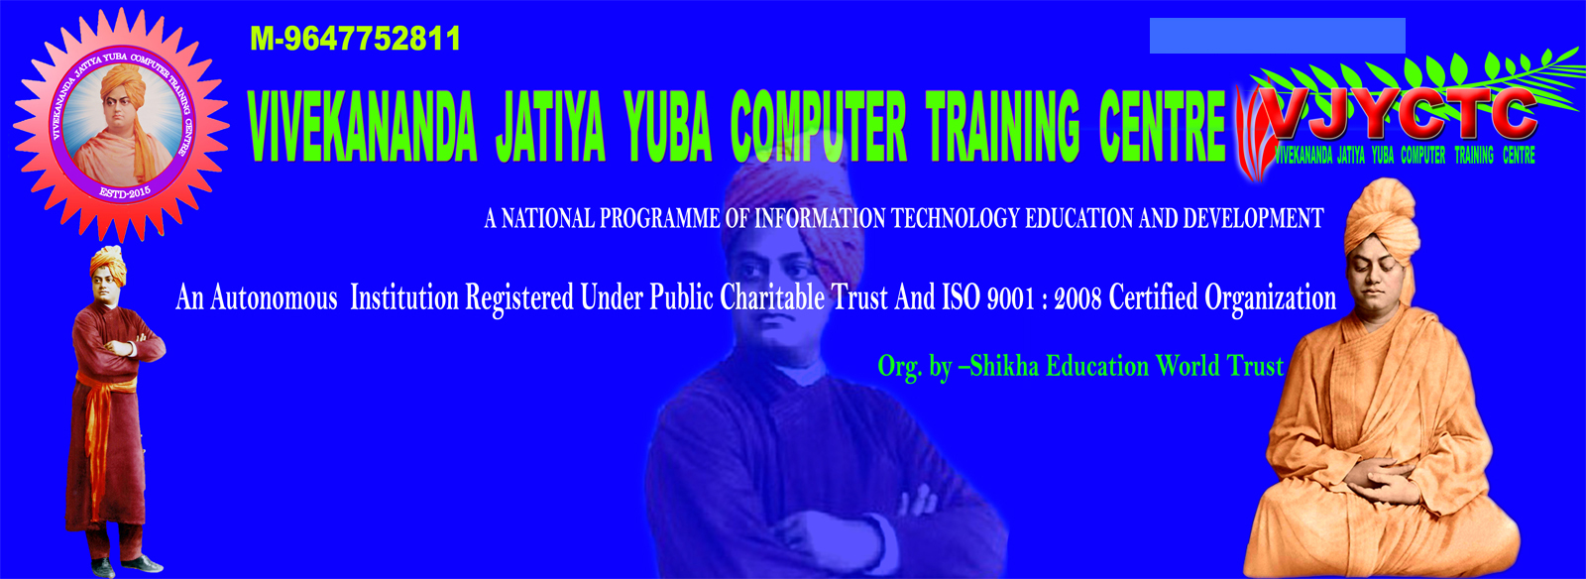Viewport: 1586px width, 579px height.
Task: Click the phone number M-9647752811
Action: pos(355,39)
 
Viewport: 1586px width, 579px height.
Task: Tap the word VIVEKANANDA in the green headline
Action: pos(362,127)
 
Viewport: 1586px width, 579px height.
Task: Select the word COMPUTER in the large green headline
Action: pos(818,127)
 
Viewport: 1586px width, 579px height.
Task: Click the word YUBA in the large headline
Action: pos(667,127)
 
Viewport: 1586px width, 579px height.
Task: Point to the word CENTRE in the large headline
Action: pos(1162,127)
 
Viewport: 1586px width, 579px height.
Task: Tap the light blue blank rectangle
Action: pos(1277,36)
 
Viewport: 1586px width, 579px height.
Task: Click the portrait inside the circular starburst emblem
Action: pos(122,124)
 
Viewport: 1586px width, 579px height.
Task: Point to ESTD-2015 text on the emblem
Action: pos(125,192)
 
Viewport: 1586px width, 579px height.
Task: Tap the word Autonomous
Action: pos(274,297)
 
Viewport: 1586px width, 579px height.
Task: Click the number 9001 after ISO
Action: pos(1011,297)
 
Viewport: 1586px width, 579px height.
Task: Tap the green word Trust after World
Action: pos(1256,366)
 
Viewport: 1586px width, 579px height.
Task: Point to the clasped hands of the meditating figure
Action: pos(1388,474)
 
